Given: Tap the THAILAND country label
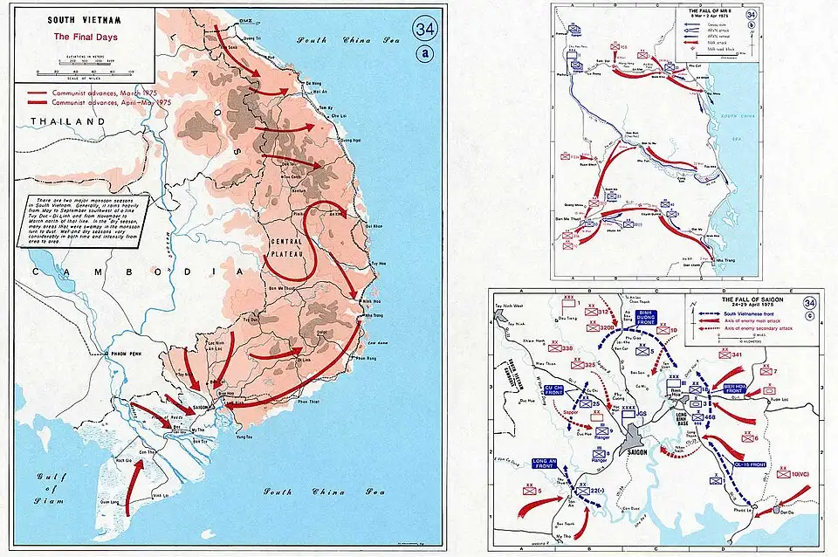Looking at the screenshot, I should click(x=65, y=121).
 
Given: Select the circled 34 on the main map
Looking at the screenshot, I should click(x=425, y=29).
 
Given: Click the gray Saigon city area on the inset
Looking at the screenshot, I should click(x=635, y=441).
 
